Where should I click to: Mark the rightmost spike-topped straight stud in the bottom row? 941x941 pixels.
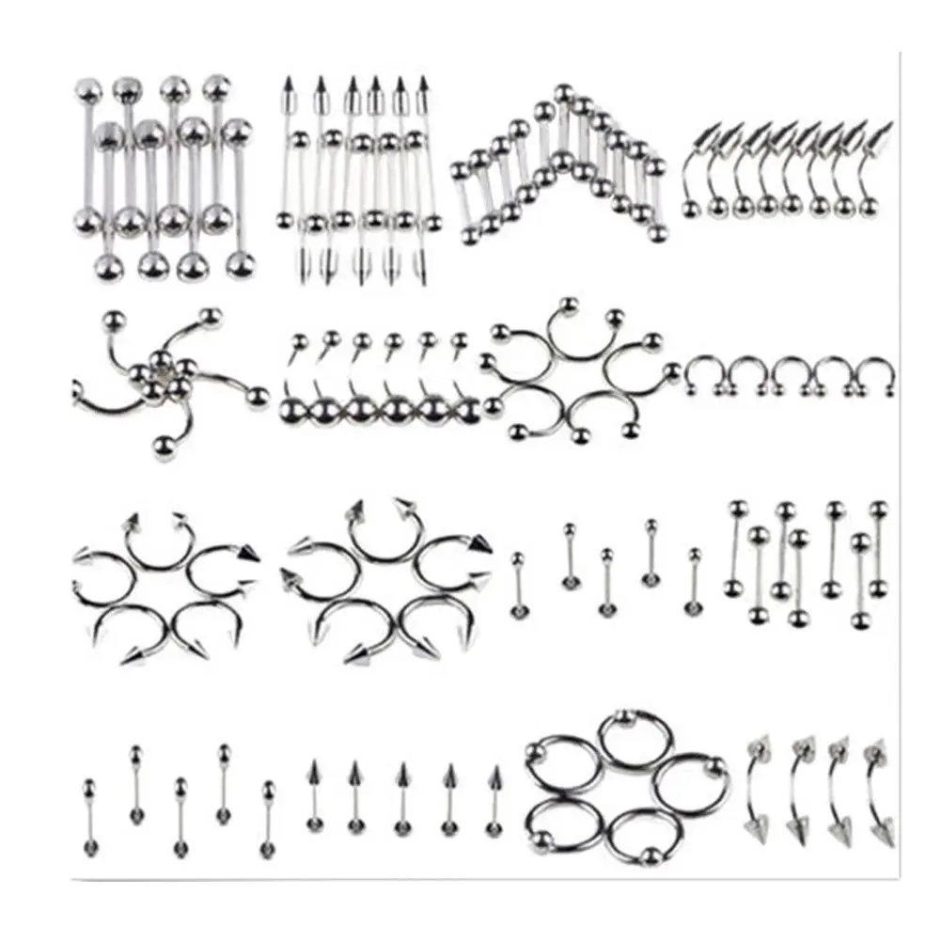pyautogui.click(x=494, y=800)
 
